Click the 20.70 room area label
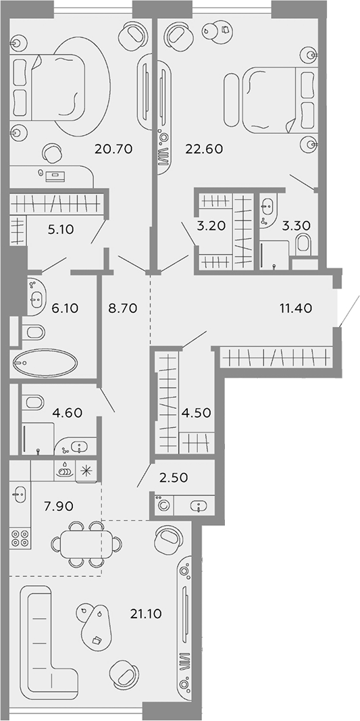(113, 149)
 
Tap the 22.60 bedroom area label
(204, 149)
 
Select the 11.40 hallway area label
(297, 307)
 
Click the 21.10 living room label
(145, 614)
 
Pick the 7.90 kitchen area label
(57, 507)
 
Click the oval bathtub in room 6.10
(45, 364)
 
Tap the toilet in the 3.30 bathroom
(303, 244)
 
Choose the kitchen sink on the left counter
(19, 495)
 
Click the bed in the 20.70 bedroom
(47, 87)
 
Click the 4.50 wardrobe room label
(197, 412)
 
